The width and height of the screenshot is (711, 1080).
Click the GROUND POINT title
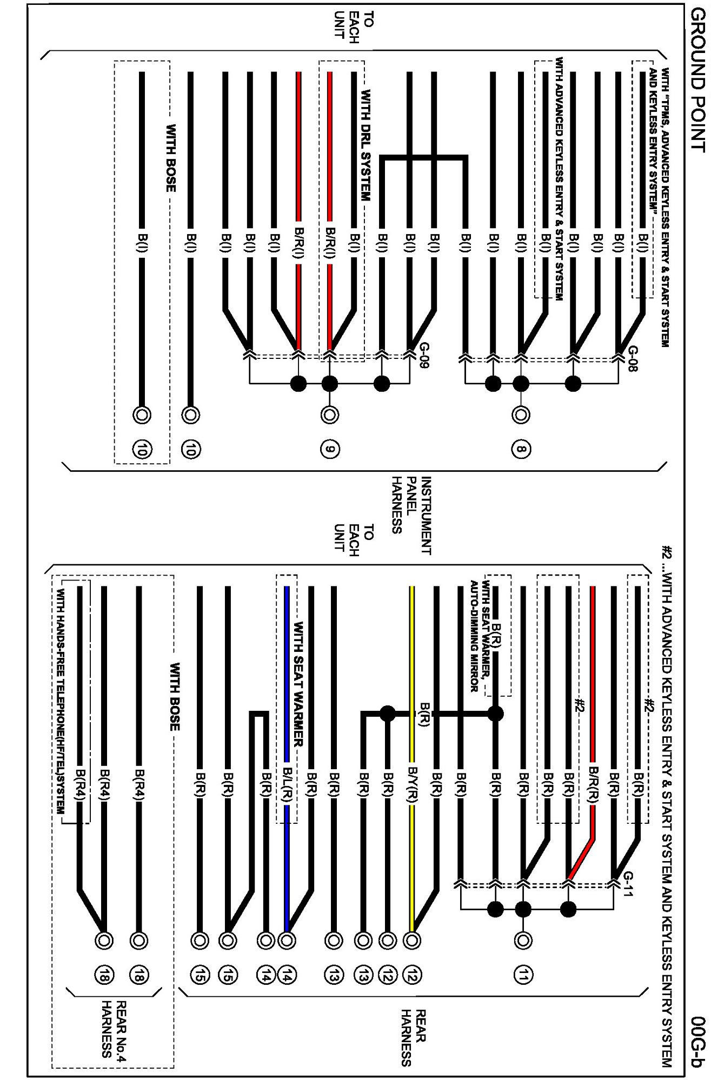[x=697, y=81]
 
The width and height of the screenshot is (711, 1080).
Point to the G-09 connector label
[x=424, y=355]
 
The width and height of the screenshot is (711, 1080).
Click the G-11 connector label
[x=628, y=884]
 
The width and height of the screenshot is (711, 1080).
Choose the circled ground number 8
[x=521, y=449]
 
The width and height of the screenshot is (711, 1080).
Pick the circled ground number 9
[x=330, y=449]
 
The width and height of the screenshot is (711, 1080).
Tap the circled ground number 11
[x=523, y=975]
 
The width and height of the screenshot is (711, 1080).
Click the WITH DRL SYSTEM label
[x=366, y=146]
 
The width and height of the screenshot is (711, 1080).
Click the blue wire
[x=287, y=676]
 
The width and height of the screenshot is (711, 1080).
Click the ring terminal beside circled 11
[x=523, y=941]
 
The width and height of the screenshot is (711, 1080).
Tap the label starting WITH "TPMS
[x=659, y=205]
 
